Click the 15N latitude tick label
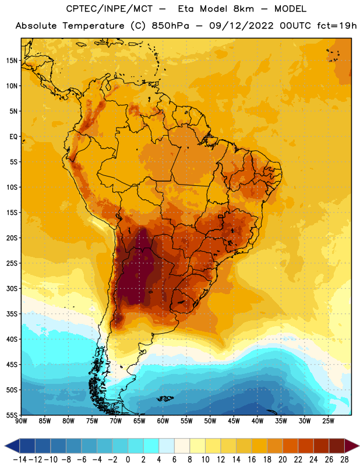pyautogui.click(x=12, y=61)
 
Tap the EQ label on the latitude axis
pyautogui.click(x=13, y=137)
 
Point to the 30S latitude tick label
pyautogui.click(x=12, y=288)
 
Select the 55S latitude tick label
pyautogui.click(x=12, y=415)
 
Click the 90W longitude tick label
pyautogui.click(x=21, y=421)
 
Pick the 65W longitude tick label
pyautogui.click(x=139, y=421)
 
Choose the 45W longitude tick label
pyautogui.click(x=234, y=421)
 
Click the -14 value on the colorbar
pyautogui.click(x=20, y=460)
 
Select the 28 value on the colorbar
pyautogui.click(x=344, y=460)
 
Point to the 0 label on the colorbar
pyautogui.click(x=128, y=460)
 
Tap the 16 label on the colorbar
pyautogui.click(x=252, y=460)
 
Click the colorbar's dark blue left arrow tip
pyautogui.click(x=5, y=446)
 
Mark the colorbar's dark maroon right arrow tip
pyautogui.click(x=359, y=446)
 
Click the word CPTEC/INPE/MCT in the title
pyautogui.click(x=110, y=9)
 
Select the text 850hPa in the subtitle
pyautogui.click(x=170, y=26)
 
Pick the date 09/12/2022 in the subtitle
pyautogui.click(x=241, y=26)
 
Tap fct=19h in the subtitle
pyautogui.click(x=337, y=26)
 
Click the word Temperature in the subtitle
pyautogui.click(x=93, y=26)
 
